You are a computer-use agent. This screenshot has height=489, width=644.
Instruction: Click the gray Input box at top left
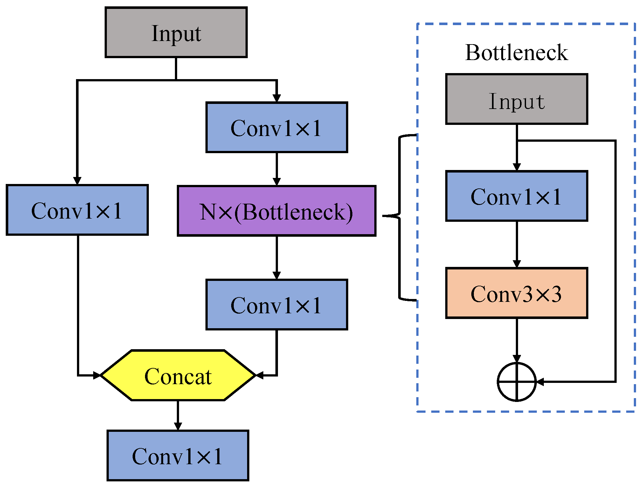click(176, 32)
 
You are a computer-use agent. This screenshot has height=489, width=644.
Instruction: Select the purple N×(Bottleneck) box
click(276, 211)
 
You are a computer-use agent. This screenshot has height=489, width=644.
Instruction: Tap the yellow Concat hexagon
click(178, 376)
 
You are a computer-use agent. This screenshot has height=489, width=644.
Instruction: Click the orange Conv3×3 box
click(516, 293)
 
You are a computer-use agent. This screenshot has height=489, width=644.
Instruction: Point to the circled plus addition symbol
click(516, 382)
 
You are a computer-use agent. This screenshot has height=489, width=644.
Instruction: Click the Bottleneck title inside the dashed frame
click(516, 52)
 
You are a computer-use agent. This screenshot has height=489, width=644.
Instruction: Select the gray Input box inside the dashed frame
click(516, 99)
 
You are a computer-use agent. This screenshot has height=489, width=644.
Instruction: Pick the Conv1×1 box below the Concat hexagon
click(178, 456)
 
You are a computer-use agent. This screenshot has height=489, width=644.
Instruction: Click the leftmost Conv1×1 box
click(77, 210)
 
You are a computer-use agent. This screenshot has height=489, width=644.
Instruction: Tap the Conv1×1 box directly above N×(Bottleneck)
click(276, 127)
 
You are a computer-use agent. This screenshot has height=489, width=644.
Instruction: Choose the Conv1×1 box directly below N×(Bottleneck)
click(276, 305)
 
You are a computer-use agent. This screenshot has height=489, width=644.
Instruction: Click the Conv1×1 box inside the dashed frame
click(516, 196)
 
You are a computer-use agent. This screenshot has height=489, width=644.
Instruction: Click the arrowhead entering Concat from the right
click(260, 376)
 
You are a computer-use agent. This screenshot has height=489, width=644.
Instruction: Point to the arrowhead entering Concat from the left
click(97, 376)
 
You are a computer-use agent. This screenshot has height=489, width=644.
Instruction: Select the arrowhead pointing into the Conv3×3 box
click(516, 264)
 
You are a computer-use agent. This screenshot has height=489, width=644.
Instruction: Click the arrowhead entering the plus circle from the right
click(540, 382)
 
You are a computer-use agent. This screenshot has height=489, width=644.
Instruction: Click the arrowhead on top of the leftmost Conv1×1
click(77, 180)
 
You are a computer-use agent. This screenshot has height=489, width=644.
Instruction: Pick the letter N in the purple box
click(208, 212)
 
